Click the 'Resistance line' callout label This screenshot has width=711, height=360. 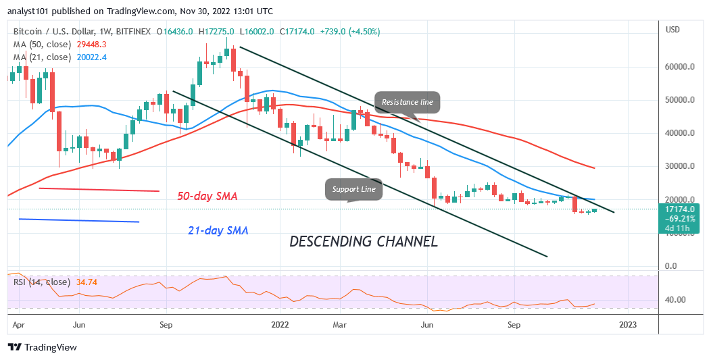[407, 102]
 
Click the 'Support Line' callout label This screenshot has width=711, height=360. [354, 189]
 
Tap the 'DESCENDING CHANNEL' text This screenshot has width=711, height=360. [363, 241]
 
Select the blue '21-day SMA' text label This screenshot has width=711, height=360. [218, 230]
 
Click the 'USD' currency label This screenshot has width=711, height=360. [672, 30]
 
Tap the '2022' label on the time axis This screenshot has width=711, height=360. [280, 324]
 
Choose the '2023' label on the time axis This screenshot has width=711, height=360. [628, 324]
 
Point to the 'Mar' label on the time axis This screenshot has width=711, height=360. [340, 324]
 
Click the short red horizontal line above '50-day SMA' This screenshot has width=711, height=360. [99, 190]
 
